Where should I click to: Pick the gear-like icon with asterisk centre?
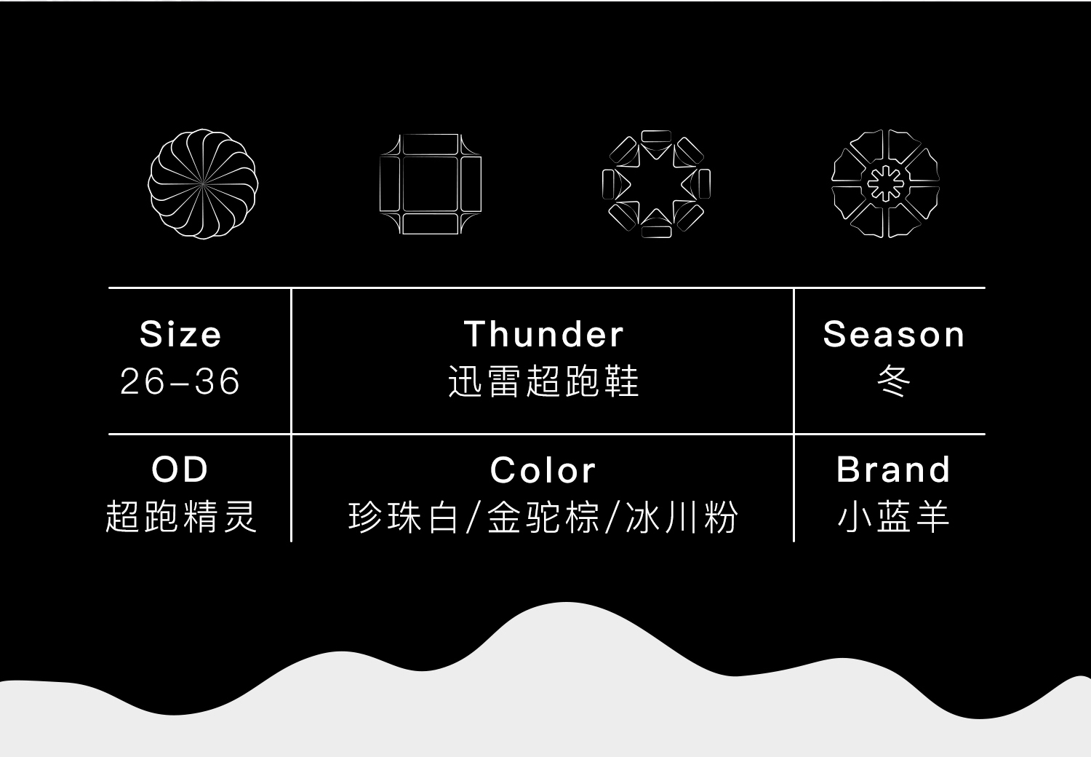pyautogui.click(x=885, y=183)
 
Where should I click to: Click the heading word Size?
pyautogui.click(x=180, y=334)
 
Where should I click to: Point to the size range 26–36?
pyautogui.click(x=180, y=381)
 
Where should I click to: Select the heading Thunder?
pyautogui.click(x=543, y=334)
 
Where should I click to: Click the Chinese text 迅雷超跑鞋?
pyautogui.click(x=543, y=381)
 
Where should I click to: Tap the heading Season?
pyautogui.click(x=894, y=334)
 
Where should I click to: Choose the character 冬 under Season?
pyautogui.click(x=894, y=381)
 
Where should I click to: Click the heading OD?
pyautogui.click(x=180, y=470)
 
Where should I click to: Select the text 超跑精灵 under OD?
pyautogui.click(x=180, y=516)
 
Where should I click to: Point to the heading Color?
pyautogui.click(x=543, y=470)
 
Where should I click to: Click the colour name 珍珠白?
pyautogui.click(x=403, y=517)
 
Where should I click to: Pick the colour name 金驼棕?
pyautogui.click(x=543, y=517)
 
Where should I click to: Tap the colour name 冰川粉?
pyautogui.click(x=682, y=517)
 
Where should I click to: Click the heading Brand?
pyautogui.click(x=894, y=470)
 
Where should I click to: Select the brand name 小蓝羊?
pyautogui.click(x=894, y=516)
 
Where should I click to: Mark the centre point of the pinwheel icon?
pyautogui.click(x=203, y=183)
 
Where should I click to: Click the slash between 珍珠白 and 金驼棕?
pyautogui.click(x=473, y=517)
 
